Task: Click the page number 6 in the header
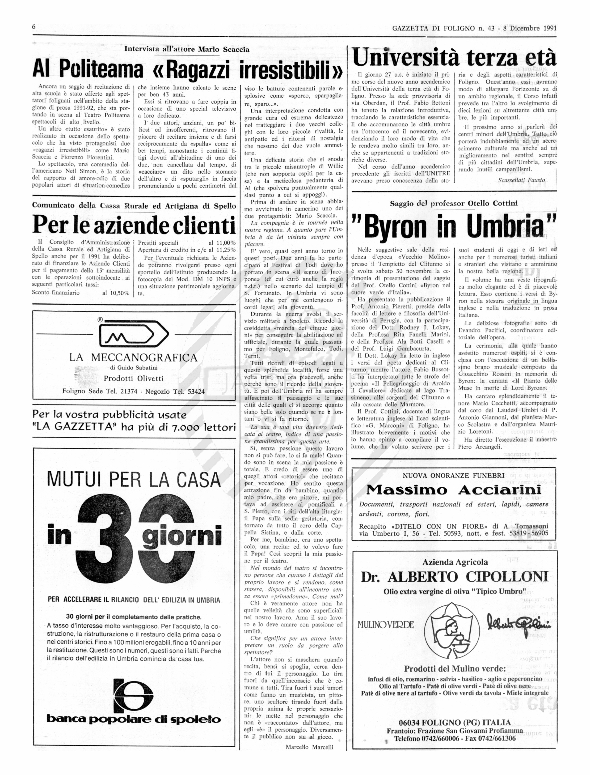(34, 27)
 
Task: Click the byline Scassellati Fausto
(522, 180)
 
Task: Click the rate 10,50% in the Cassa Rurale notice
(120, 293)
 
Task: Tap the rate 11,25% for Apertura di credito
(226, 250)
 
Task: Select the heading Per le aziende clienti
(134, 226)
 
